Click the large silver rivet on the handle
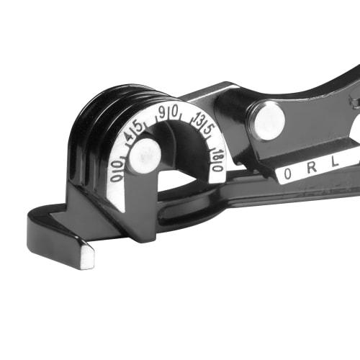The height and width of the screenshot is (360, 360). click(267, 120)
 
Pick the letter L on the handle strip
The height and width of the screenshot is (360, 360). click(336, 163)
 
